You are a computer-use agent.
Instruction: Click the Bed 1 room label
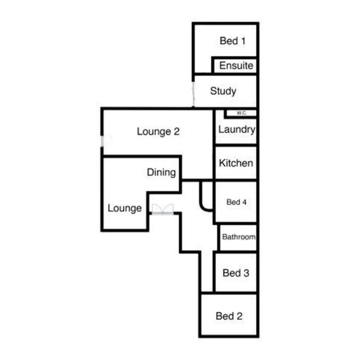click(233, 41)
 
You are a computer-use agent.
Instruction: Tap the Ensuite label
click(236, 66)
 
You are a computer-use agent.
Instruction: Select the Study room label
click(223, 91)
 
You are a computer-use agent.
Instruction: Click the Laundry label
click(236, 129)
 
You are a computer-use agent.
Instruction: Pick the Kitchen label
click(236, 163)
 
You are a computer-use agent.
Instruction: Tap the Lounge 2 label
click(158, 132)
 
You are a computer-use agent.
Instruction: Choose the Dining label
click(161, 172)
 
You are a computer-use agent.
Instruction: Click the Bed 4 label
click(236, 202)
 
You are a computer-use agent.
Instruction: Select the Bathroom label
click(239, 237)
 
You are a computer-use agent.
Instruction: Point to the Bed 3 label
click(236, 273)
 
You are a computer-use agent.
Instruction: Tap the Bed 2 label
click(229, 316)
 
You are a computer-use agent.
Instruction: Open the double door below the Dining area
click(163, 209)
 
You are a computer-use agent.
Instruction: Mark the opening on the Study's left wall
click(193, 94)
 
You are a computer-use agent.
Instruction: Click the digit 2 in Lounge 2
click(176, 132)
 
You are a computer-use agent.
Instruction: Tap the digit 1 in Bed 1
click(243, 41)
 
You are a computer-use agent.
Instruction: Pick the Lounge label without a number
click(124, 208)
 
